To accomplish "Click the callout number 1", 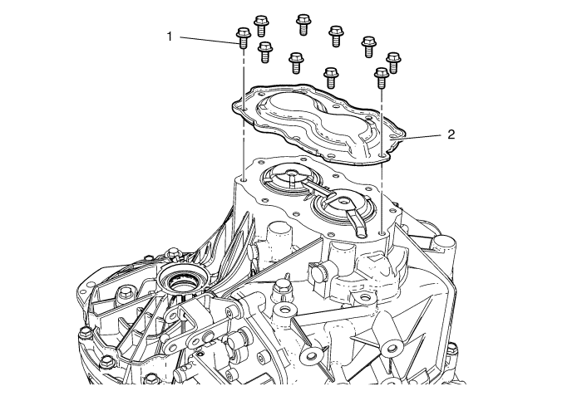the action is coord(170,37).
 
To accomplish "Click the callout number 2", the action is coord(451,134).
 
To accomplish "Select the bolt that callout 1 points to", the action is coord(243,38).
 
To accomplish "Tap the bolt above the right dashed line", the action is coord(382,77).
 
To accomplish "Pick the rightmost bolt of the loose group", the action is coord(394,62).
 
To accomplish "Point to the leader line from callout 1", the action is coord(209,40).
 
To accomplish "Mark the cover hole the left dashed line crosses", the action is coord(244,109).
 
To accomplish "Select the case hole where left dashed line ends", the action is coord(244,179).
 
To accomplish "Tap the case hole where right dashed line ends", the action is coord(382,232).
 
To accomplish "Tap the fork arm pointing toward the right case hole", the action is coord(357,222).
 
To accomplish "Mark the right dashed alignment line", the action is coord(382,159).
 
